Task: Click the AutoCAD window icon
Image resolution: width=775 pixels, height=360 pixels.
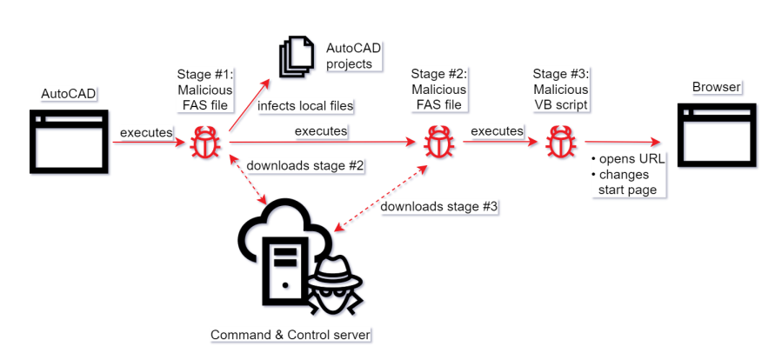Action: coord(70,142)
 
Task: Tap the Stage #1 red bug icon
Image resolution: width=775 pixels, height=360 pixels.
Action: coord(205,143)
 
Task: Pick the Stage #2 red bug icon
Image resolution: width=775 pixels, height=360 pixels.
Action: coord(437,143)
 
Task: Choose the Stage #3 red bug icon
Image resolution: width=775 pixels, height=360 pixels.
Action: coord(558,143)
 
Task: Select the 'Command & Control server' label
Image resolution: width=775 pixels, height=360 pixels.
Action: coord(291,335)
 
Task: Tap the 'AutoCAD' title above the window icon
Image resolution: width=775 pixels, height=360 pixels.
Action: coord(68,92)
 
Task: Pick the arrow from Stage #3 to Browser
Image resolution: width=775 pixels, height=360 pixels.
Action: coord(619,143)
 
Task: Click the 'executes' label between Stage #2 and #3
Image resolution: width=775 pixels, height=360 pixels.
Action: coord(497,130)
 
